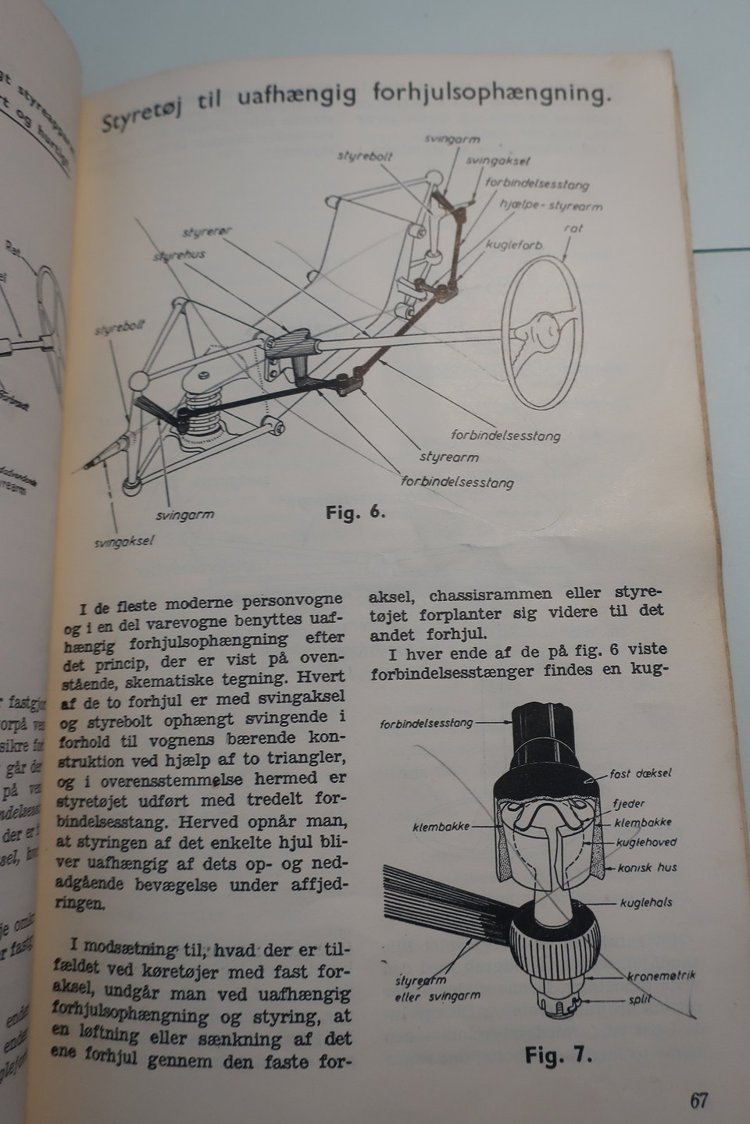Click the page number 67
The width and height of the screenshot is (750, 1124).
click(x=698, y=1101)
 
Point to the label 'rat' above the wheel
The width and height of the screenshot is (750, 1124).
click(x=574, y=229)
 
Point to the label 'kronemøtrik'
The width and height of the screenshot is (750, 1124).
click(x=661, y=976)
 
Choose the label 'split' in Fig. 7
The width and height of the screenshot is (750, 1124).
click(x=638, y=998)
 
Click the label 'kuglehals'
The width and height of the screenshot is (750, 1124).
click(x=645, y=902)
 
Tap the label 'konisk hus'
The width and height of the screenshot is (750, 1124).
click(x=647, y=867)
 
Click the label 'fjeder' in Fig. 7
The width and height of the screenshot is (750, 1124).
click(x=630, y=803)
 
